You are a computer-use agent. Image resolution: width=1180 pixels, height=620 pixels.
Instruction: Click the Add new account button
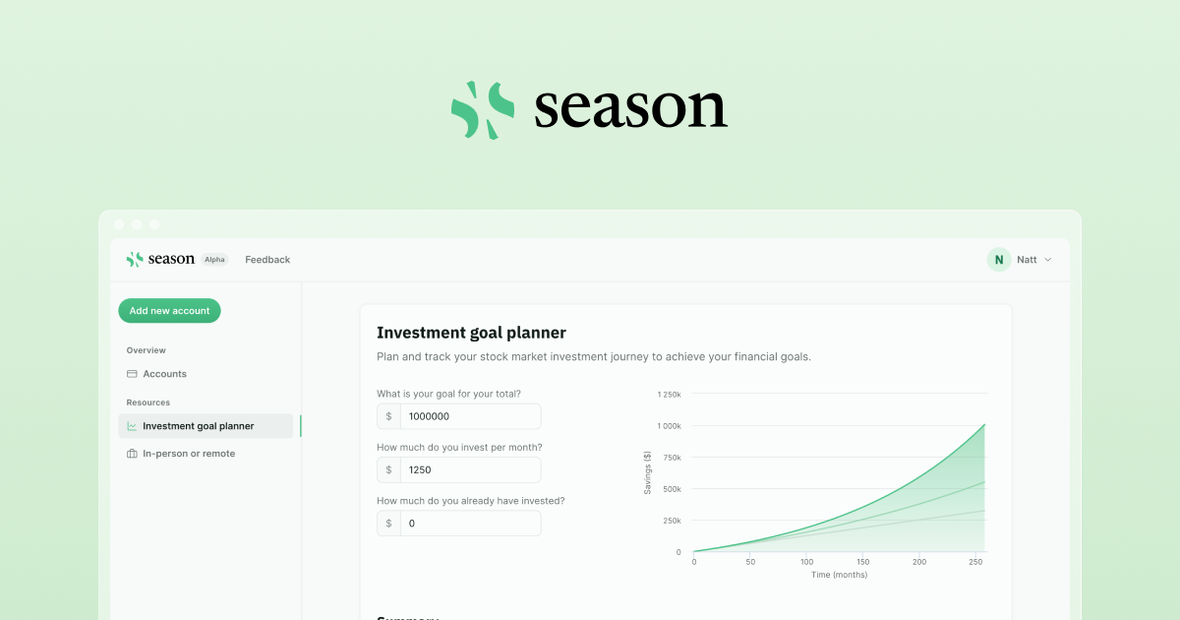169,311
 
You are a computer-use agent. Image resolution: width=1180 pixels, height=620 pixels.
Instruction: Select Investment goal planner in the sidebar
198,426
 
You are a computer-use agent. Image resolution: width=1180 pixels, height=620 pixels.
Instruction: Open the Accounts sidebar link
164,374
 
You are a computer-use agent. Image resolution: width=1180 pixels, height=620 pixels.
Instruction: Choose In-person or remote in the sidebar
189,454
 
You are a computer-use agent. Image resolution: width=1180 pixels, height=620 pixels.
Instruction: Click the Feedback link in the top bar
267,260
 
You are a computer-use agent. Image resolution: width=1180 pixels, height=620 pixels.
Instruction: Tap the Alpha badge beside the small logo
214,260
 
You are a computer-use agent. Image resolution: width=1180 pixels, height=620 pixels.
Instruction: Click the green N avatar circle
999,260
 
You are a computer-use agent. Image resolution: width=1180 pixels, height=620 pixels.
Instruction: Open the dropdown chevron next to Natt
1047,260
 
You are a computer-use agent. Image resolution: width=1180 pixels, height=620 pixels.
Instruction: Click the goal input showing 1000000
469,416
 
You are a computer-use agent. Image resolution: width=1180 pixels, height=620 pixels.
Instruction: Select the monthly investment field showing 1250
469,470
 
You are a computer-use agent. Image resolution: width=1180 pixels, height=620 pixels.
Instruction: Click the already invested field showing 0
469,524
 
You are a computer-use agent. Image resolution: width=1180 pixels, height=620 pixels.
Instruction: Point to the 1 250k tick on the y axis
669,395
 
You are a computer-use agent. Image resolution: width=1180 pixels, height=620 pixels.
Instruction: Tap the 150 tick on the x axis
863,562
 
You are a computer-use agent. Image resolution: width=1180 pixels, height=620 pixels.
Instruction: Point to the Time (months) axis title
839,575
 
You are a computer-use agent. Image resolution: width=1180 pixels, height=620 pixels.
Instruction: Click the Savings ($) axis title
648,472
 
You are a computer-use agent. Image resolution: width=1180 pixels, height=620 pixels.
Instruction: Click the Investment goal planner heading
471,333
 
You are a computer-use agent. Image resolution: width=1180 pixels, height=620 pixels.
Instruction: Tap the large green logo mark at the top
483,110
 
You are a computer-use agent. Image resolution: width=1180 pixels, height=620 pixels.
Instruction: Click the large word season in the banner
630,109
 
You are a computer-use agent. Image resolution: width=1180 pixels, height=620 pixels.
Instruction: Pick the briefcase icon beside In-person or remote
132,454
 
